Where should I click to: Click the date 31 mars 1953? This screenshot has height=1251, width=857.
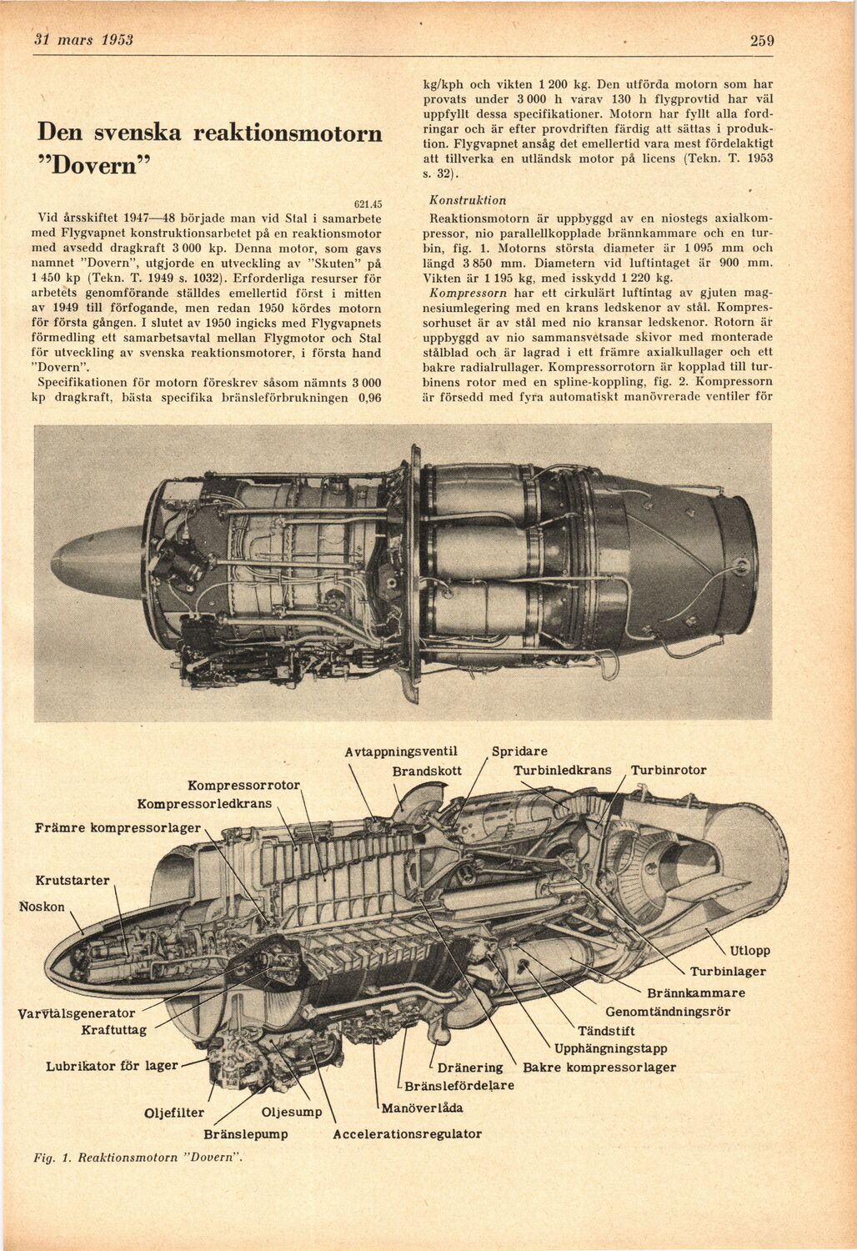point(83,40)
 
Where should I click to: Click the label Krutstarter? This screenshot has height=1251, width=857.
point(73,881)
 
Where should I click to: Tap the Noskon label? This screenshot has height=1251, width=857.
point(42,907)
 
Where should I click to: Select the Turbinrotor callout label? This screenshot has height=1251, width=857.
point(669,771)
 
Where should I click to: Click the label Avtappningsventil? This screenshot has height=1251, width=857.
point(401,751)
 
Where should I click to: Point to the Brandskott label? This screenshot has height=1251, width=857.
point(427,771)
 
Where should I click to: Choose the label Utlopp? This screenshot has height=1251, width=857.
point(750,951)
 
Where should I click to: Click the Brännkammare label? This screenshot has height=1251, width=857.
point(696,992)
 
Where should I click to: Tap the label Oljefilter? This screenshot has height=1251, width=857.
point(175,1112)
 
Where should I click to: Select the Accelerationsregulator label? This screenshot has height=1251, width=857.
point(407,1134)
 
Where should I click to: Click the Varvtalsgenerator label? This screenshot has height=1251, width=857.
point(76,1013)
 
